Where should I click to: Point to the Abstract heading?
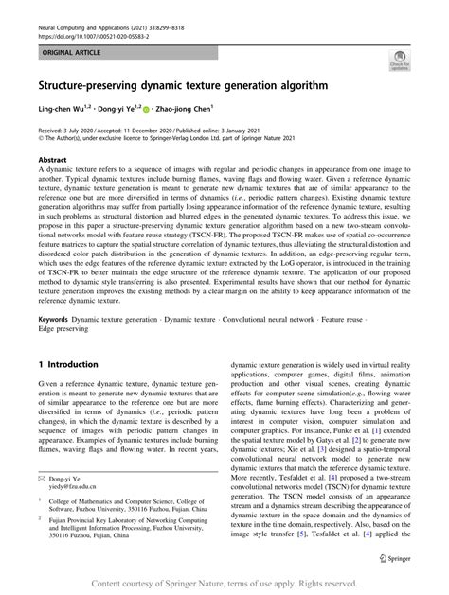point(53,161)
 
